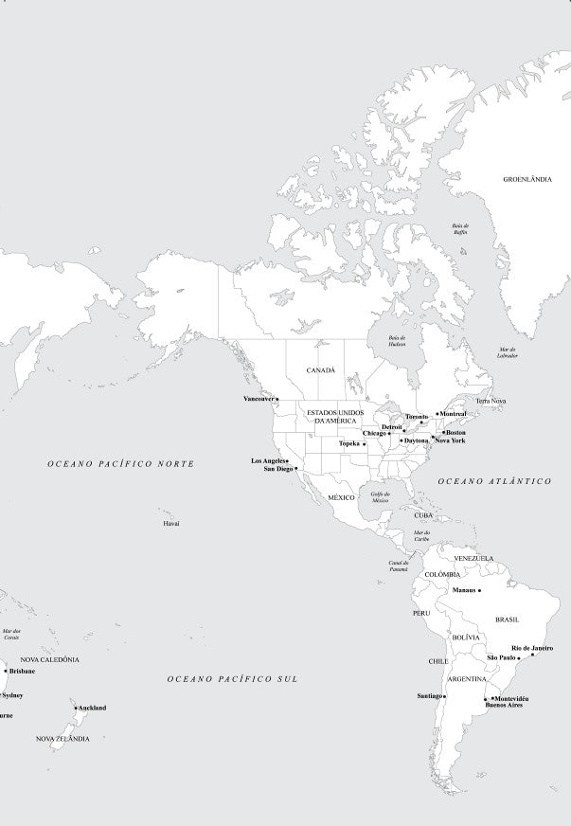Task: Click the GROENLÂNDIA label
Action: [526, 178]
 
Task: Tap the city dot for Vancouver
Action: [277, 400]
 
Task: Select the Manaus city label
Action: [464, 590]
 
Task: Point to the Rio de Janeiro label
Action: [532, 648]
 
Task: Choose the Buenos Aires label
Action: [503, 706]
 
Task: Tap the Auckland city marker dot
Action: [76, 708]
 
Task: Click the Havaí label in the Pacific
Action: [171, 523]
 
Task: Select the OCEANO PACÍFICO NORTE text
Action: [121, 464]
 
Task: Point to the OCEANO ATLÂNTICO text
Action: [494, 482]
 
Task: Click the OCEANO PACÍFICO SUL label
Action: [232, 679]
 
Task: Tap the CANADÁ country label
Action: [320, 370]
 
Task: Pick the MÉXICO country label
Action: [341, 497]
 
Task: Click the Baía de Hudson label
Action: [398, 341]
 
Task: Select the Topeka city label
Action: [349, 443]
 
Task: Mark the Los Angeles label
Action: [268, 460]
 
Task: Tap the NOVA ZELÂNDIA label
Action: [62, 739]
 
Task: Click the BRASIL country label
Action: [507, 619]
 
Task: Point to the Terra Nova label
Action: [491, 402]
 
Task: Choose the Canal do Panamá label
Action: [399, 566]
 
